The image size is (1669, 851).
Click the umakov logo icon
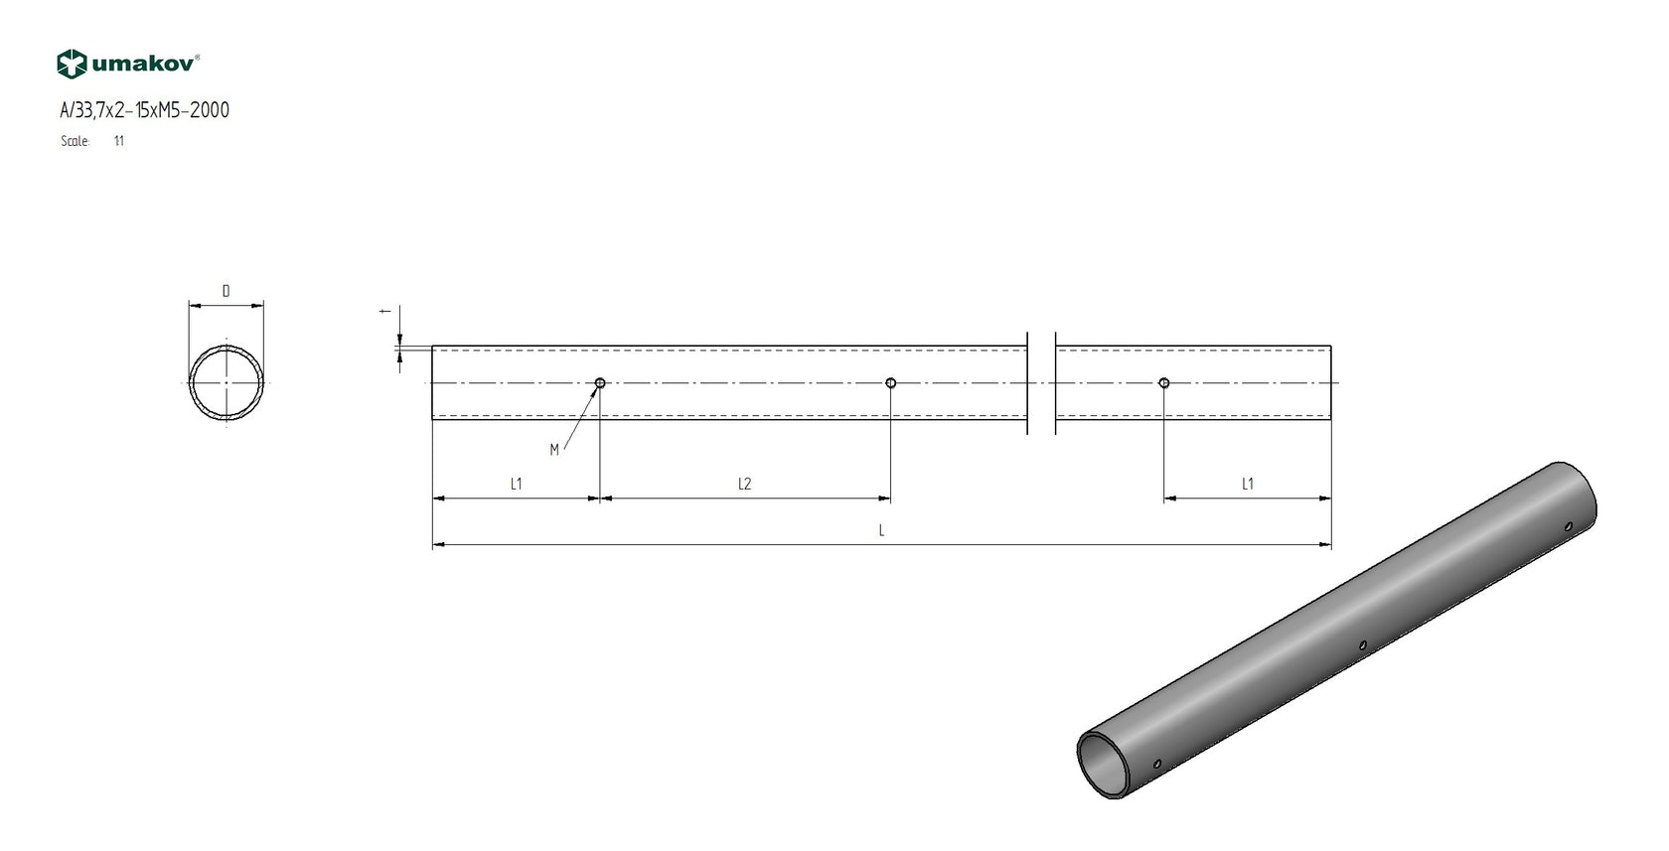pos(73,65)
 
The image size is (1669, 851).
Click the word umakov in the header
pos(145,65)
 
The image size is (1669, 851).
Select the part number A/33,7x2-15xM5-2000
pos(144,110)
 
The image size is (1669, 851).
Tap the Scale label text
pos(75,141)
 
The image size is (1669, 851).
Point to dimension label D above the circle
pos(226,291)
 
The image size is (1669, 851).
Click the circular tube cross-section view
pos(228,383)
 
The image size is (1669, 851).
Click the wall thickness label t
pos(383,311)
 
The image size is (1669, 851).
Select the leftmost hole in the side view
pos(600,383)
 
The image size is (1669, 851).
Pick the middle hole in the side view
pos(890,383)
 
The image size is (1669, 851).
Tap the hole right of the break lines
pos(1164,383)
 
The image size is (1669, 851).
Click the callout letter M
pos(554,450)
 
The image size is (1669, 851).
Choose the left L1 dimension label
pos(516,484)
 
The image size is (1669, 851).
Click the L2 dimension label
pos(744,484)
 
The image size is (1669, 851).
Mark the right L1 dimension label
pos(1247,484)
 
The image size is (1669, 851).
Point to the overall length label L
pos(881,531)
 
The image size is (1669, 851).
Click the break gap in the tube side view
pos(1041,383)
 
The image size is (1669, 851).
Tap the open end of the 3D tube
pos(1106,765)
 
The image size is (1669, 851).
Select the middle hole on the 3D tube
pos(1363,645)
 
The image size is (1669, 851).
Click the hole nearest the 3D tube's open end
pos(1157,764)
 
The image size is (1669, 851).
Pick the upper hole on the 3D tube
pos(1568,526)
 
